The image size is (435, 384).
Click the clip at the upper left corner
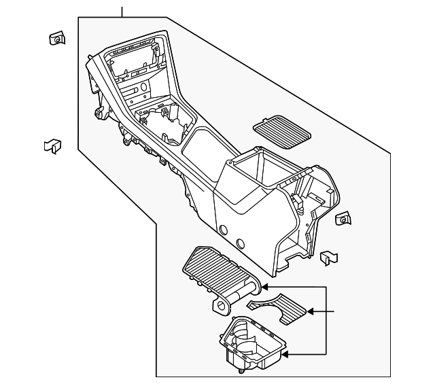[x=57, y=39]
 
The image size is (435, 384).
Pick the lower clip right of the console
[x=328, y=257]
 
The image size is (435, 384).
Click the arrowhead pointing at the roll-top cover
[x=260, y=287]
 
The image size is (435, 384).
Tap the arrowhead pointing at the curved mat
[x=311, y=312]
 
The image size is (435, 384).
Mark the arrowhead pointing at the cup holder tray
[x=285, y=353]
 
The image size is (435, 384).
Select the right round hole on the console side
[x=240, y=243]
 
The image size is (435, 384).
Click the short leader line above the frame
[x=122, y=12]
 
